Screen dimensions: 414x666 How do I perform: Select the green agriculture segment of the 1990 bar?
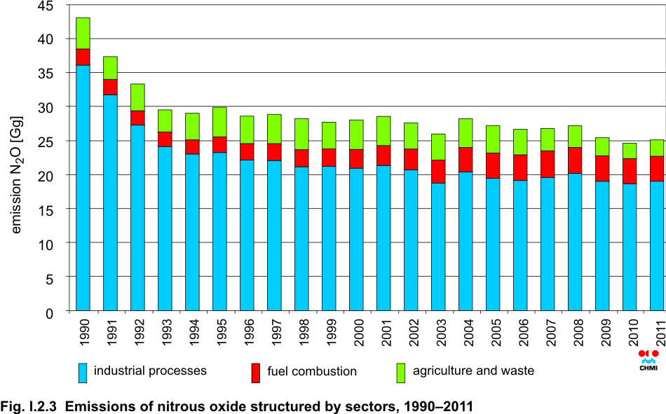(x=83, y=33)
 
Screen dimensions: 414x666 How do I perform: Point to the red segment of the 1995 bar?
(x=219, y=144)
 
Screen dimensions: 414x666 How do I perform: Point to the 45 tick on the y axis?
(x=46, y=6)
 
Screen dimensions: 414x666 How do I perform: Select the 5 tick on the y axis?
(x=49, y=277)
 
